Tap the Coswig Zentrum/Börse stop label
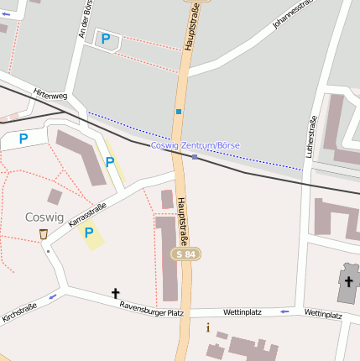coord(195,145)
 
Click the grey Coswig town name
coord(44,217)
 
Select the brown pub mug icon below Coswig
coord(43,234)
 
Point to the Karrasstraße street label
coord(87,217)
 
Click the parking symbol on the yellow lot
coord(88,233)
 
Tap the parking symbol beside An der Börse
coord(106,38)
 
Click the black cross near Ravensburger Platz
coord(116,293)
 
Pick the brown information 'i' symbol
coord(208,327)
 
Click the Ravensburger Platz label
coord(151,309)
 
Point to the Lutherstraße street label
coord(312,137)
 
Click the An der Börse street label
coord(82,18)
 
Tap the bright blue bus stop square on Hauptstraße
coord(179,111)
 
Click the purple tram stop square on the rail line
coord(195,156)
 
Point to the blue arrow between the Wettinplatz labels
coord(284,311)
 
